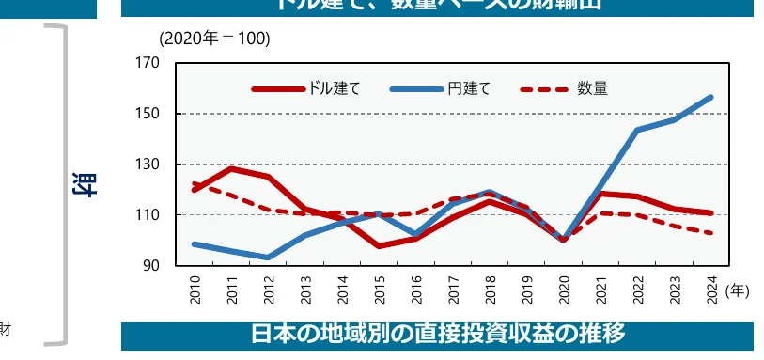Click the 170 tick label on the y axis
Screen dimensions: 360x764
click(148, 64)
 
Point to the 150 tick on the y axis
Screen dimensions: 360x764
click(148, 114)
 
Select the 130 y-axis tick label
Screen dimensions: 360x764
click(148, 164)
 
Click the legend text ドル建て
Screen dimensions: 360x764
click(334, 89)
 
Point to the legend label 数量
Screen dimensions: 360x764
click(593, 89)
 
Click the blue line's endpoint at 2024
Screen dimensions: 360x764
click(711, 97)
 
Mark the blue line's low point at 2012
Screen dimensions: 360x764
click(270, 258)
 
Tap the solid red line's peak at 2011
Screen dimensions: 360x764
click(232, 168)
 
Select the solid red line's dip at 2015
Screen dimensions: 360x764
click(380, 246)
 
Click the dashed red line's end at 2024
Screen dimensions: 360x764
click(711, 233)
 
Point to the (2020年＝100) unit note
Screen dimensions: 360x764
click(214, 39)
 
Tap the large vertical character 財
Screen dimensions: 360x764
click(83, 184)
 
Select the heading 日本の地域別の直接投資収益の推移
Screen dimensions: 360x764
click(437, 334)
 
